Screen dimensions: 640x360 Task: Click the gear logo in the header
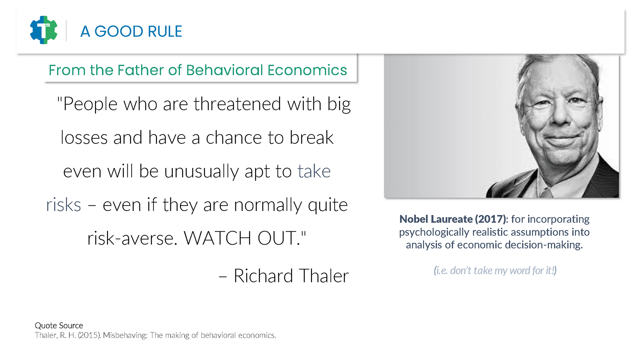point(43,30)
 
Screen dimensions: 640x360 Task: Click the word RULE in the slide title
point(165,31)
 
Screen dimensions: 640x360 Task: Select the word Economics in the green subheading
point(307,70)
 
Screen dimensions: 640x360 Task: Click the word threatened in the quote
point(238,104)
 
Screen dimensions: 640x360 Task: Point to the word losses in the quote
point(84,137)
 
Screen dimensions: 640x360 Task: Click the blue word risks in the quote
point(63,205)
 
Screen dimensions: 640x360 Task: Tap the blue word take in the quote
point(314,171)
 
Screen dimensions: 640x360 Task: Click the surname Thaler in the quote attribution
point(324,276)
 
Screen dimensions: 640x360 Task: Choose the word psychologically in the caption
point(434,232)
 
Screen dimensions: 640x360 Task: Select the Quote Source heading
point(59,325)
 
